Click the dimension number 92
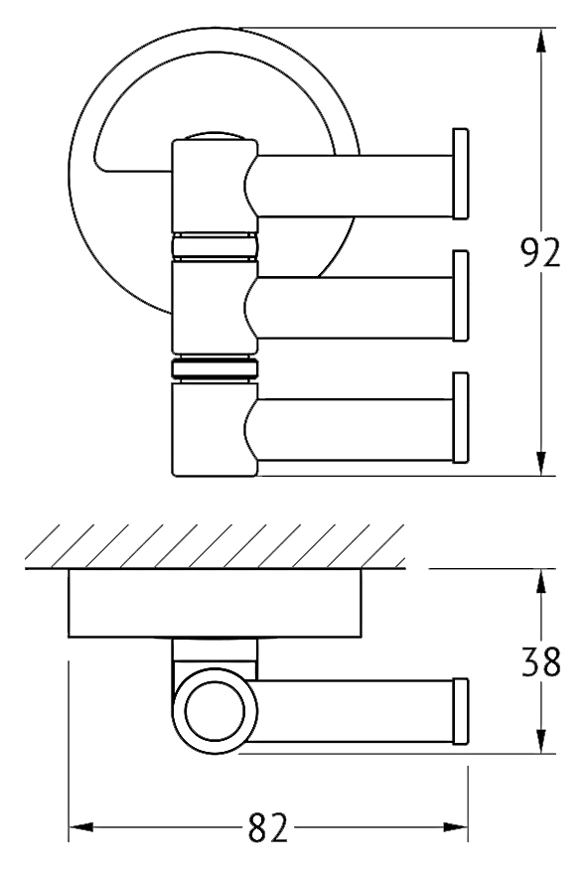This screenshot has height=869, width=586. coord(541,252)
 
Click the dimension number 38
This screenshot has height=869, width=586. coord(541,661)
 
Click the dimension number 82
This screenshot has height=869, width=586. coord(268,827)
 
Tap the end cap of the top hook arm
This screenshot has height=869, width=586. coord(461,174)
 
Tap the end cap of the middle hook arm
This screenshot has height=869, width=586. coord(461,296)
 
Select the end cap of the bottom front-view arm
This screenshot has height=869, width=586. coord(461,418)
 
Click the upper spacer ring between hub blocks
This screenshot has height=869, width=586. coord(215,246)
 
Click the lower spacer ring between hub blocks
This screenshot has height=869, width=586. coord(215,368)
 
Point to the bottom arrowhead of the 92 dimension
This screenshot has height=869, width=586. coord(541,464)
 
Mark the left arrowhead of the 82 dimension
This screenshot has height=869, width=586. coord(80,827)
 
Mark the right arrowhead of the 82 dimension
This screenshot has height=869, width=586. coord(455,827)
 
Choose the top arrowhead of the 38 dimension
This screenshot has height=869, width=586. coord(541,582)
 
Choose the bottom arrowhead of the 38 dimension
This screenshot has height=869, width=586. coord(541,741)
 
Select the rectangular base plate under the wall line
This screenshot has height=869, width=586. coord(216,603)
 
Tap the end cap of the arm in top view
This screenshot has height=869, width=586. coord(461,711)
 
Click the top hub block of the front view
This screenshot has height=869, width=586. coord(215,187)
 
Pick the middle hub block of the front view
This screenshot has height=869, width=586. coord(215,308)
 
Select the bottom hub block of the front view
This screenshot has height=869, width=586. coord(215,429)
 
